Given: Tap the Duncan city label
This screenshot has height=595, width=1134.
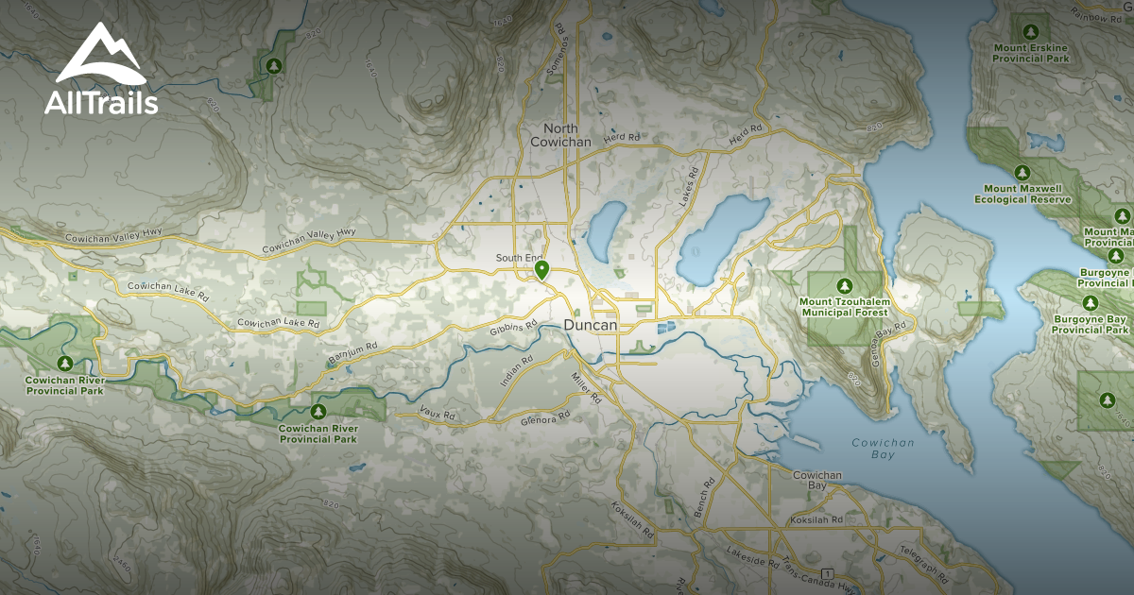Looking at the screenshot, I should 590,325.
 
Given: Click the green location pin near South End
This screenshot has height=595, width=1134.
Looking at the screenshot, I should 541,270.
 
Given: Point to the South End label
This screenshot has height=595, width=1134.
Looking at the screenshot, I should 520,258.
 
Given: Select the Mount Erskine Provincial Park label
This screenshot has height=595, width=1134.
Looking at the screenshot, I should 1030,53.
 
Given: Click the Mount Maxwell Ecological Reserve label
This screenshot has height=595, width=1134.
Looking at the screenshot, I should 1022,195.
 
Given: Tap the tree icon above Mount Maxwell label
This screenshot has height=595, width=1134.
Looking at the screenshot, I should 1022,173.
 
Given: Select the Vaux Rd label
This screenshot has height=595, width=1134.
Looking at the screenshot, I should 438,414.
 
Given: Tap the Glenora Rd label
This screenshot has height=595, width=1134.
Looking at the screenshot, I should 545,416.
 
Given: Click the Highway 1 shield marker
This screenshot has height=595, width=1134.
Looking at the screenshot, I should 828,573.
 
